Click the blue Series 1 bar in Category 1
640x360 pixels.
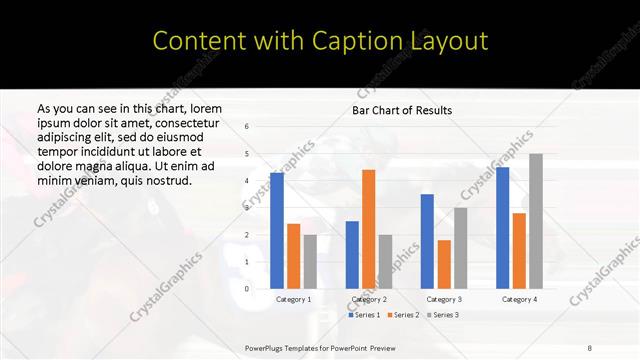point(277,231)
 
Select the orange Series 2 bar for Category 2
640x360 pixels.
point(369,229)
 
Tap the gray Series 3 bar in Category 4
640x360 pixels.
point(536,221)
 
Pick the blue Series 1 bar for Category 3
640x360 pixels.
point(427,241)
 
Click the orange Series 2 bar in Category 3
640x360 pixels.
point(444,264)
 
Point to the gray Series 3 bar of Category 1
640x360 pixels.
point(310,262)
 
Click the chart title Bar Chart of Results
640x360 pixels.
point(402,110)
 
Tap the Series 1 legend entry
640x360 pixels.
point(365,315)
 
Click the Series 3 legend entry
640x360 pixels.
point(443,315)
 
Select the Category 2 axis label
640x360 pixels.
point(369,299)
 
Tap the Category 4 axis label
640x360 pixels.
point(519,299)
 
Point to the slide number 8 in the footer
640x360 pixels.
point(590,347)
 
